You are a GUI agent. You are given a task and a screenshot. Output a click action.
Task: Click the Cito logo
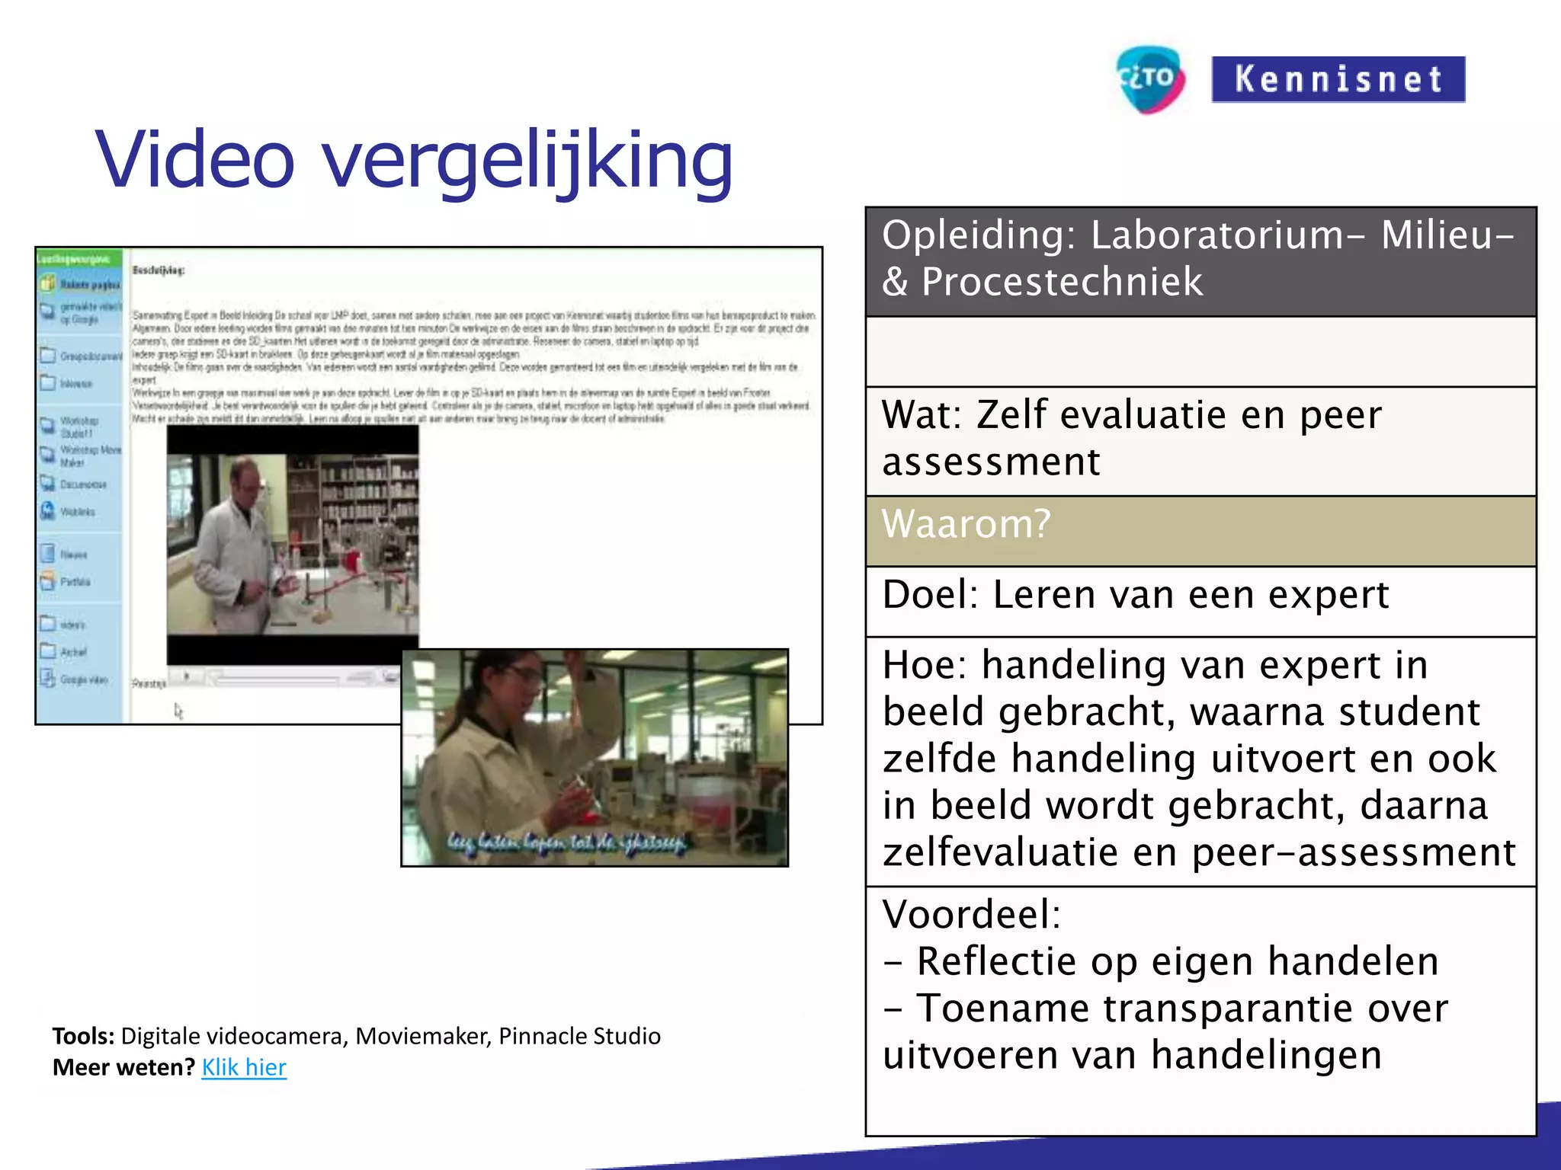[x=1150, y=79]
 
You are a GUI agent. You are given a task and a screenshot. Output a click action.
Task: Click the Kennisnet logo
[x=1338, y=79]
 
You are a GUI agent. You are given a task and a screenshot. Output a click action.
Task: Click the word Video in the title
[x=194, y=160]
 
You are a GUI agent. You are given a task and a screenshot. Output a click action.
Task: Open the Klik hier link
[x=244, y=1067]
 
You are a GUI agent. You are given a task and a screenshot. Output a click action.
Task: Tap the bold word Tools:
[x=83, y=1036]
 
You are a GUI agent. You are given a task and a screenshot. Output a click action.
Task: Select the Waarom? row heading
[x=966, y=524]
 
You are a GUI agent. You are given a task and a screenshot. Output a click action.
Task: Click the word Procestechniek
[x=1062, y=282]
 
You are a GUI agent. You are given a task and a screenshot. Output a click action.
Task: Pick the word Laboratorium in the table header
[x=1216, y=235]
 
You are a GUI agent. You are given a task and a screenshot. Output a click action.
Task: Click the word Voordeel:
[x=971, y=914]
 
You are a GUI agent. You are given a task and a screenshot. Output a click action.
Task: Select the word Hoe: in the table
[x=925, y=665]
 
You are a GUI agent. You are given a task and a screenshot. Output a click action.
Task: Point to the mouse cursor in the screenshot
[x=178, y=711]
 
